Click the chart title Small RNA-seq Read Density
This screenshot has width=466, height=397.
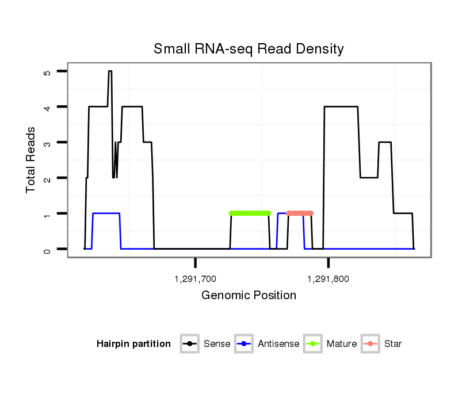[x=249, y=49]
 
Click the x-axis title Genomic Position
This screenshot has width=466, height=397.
[x=249, y=296]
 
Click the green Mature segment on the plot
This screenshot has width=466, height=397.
[x=250, y=213]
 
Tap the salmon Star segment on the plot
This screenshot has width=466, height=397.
[x=300, y=213]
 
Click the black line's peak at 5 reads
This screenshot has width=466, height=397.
[x=109, y=71]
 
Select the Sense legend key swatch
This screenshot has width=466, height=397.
[x=190, y=344]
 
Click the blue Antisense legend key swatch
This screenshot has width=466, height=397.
[x=244, y=344]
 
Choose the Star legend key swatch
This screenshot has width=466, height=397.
[x=370, y=344]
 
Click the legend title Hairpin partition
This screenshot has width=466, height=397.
[x=133, y=344]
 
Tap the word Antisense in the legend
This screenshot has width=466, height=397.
[x=278, y=344]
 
